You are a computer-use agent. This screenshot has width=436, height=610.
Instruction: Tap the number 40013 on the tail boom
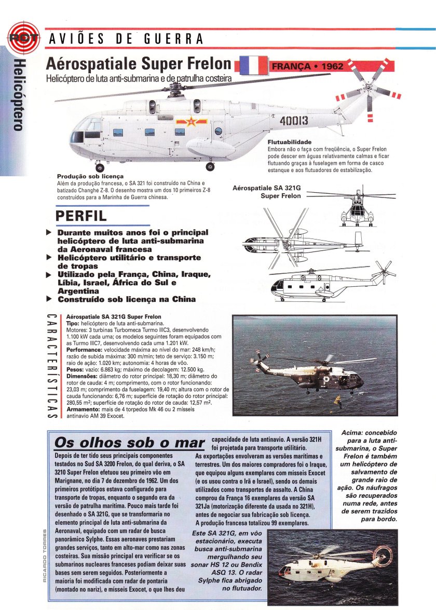(294, 121)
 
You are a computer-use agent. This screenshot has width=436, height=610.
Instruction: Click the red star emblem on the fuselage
(181, 123)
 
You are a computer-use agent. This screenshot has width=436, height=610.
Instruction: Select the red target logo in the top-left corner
(19, 38)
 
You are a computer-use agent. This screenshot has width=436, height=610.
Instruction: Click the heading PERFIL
(81, 216)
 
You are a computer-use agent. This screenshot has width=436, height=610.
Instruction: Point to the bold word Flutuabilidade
(289, 142)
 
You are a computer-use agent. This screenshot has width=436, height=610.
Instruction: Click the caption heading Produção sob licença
(86, 176)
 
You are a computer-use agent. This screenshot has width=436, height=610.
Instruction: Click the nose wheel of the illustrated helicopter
(100, 167)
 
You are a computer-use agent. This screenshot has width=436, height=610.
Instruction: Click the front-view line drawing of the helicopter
(358, 209)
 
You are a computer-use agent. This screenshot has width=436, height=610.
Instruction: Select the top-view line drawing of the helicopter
(304, 242)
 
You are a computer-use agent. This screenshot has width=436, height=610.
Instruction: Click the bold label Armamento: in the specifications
(82, 409)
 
